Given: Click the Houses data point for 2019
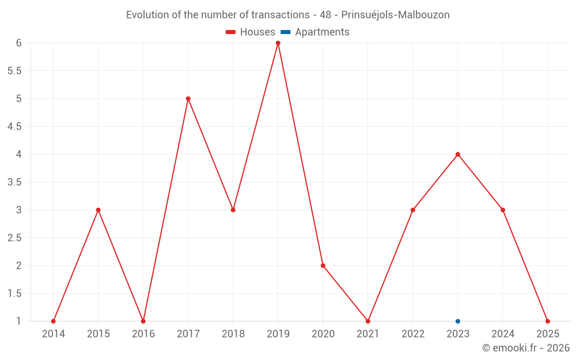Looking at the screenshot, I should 278,43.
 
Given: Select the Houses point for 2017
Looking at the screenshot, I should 188,98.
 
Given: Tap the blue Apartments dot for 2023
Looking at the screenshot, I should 458,321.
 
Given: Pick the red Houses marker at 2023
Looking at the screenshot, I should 458,154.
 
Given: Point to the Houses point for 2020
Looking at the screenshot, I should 323,266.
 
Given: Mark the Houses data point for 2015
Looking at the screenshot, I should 98,210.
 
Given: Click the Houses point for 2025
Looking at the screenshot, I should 548,321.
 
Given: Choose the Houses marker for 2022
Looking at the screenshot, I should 413,210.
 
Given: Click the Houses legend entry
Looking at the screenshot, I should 251,32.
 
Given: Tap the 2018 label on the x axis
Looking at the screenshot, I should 233,334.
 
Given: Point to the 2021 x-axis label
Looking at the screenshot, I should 368,334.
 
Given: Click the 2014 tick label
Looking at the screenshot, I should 54,334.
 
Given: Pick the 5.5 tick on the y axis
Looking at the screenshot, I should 14,71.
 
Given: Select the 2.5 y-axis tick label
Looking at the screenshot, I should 14,238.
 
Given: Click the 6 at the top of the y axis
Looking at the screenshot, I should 19,43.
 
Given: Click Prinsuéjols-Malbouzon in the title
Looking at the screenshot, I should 396,15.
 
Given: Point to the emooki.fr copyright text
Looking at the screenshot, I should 526,348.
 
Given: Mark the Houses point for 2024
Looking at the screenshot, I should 503,210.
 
